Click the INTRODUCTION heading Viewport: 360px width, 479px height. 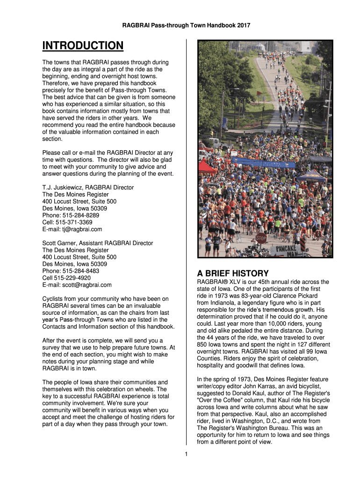pos(83,46)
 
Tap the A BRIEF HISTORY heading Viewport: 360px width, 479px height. pos(233,274)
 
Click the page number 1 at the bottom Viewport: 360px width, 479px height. pos(186,454)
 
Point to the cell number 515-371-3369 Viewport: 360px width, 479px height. pos(74,222)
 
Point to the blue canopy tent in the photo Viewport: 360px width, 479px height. pos(311,176)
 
